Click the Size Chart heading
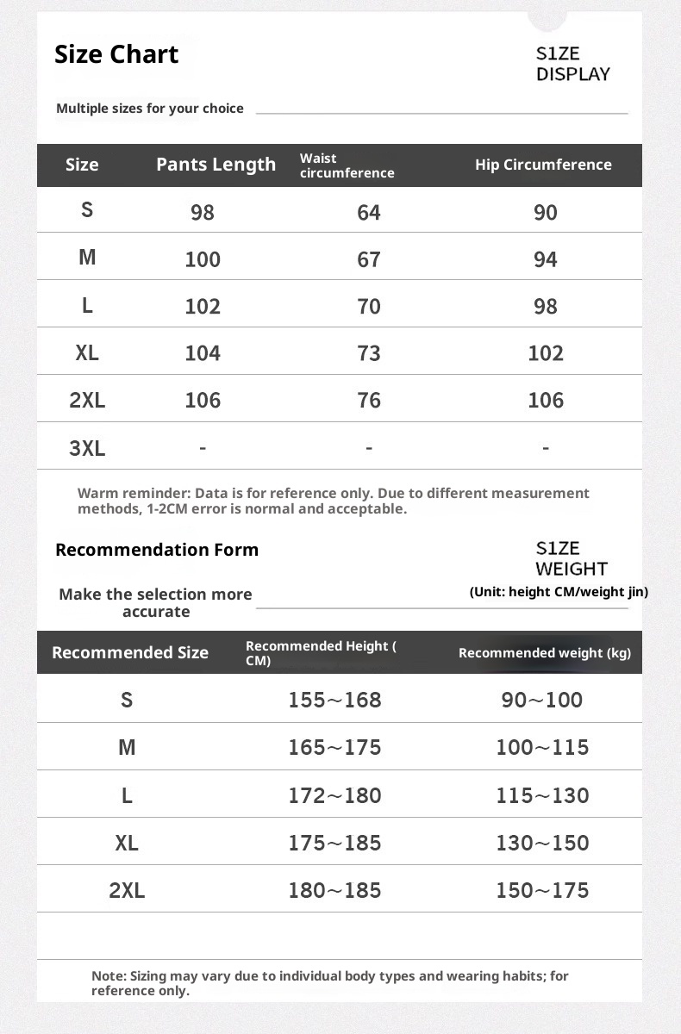pos(116,54)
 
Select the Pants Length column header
pos(216,165)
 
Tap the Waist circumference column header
pos(347,165)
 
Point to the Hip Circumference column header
pos(543,165)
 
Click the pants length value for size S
pos(203,213)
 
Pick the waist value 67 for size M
pos(369,259)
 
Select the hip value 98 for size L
pos(546,307)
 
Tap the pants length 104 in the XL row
pos(203,353)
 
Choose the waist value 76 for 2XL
pos(369,401)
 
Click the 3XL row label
pos(87,448)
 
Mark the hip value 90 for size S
pos(546,213)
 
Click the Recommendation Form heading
pos(157,550)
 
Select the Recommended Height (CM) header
pos(321,653)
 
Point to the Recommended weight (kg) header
pos(545,653)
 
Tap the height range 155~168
pos(334,700)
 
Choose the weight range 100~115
pos(542,747)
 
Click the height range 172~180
pos(334,795)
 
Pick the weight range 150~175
pos(542,890)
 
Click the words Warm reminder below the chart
pos(134,494)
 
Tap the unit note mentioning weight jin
pos(559,592)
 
